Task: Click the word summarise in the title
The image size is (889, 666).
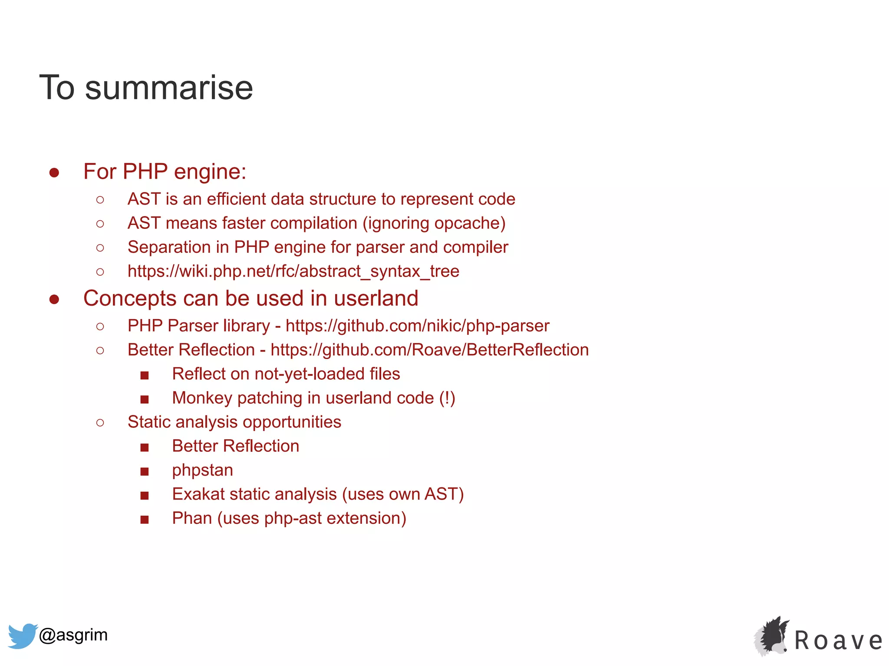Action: pyautogui.click(x=169, y=88)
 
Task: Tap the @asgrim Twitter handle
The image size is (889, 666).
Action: pyautogui.click(x=73, y=635)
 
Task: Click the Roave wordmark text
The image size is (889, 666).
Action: pyautogui.click(x=838, y=640)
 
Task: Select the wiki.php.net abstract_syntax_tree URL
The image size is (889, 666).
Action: pyautogui.click(x=293, y=271)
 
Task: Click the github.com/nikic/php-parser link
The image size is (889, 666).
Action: pyautogui.click(x=417, y=326)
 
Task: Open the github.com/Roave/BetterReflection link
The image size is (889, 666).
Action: pyautogui.click(x=429, y=350)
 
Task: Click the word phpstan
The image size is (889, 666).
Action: pyautogui.click(x=202, y=470)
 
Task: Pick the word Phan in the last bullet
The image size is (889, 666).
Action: pyautogui.click(x=191, y=519)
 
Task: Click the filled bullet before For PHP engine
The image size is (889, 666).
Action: pyautogui.click(x=54, y=173)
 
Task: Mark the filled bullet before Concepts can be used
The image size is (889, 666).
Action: pyautogui.click(x=54, y=299)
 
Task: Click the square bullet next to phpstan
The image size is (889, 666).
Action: pyautogui.click(x=145, y=471)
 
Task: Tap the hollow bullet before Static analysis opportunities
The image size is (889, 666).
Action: pyautogui.click(x=100, y=423)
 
